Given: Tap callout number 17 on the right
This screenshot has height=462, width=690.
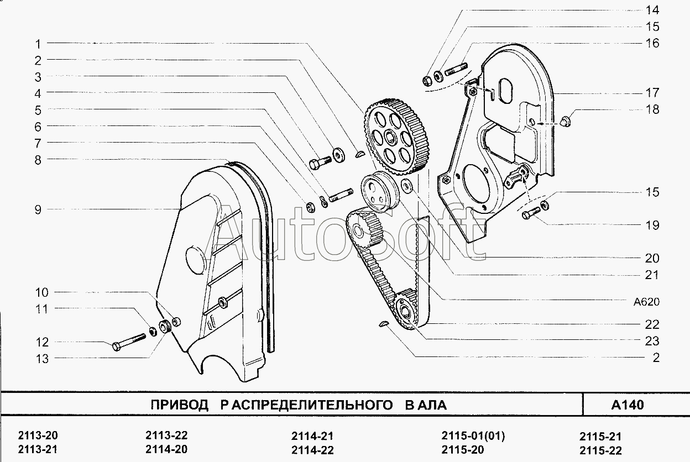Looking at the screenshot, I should [x=652, y=93].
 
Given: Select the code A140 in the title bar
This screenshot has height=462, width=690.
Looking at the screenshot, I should [x=628, y=405].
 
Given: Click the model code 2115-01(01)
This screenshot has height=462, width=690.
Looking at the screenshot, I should [x=473, y=435].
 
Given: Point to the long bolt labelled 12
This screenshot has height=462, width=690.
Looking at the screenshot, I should [x=128, y=341].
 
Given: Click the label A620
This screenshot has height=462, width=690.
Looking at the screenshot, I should [x=647, y=302].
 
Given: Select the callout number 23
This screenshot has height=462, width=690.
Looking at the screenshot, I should [x=652, y=341].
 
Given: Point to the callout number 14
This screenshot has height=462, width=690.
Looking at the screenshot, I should [x=652, y=9].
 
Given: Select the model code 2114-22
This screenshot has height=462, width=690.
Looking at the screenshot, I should [x=312, y=450].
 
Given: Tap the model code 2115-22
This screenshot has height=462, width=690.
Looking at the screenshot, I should [x=600, y=450].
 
